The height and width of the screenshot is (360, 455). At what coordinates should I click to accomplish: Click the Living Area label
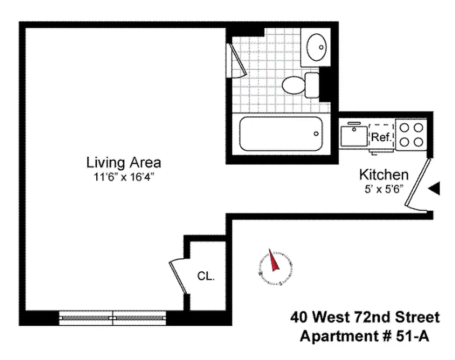tap(124, 162)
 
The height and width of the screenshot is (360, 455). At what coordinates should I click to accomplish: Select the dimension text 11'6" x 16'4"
tap(124, 176)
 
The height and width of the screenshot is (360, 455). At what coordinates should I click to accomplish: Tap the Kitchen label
tap(383, 175)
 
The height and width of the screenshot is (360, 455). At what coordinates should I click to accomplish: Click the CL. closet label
tap(206, 276)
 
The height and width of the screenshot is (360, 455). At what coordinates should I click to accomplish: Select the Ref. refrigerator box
tap(381, 137)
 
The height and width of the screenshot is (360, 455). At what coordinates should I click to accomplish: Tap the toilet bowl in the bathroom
tap(294, 84)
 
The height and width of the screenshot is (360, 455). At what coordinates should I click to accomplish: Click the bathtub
tap(281, 134)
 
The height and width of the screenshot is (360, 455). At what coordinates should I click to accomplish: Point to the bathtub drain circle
tap(316, 134)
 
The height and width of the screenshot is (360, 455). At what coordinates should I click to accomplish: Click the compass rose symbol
tap(274, 266)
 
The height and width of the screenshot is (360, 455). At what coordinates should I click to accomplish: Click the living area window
tap(113, 318)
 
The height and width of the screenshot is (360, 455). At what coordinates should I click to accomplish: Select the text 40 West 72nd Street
tap(365, 318)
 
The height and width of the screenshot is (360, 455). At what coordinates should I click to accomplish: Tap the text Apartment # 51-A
tap(365, 336)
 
